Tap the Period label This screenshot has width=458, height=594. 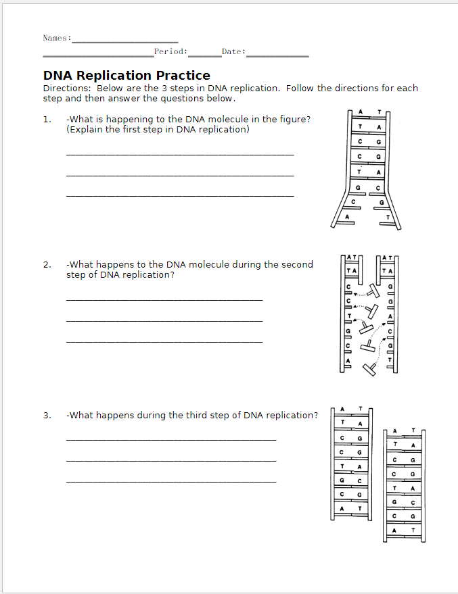tap(170, 51)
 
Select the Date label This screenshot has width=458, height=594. tap(233, 51)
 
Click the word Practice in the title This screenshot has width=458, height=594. tap(183, 76)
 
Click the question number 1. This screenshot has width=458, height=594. tap(46, 120)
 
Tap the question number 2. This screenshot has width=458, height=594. tap(46, 265)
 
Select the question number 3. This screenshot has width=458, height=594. tap(46, 416)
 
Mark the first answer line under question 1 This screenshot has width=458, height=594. tap(180, 155)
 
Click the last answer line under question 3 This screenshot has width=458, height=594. tap(171, 481)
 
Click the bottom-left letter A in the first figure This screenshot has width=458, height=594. tap(348, 217)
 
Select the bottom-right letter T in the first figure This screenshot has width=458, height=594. tap(388, 217)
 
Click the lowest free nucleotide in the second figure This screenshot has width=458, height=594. tap(369, 369)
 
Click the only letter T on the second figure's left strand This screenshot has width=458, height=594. tap(349, 316)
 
